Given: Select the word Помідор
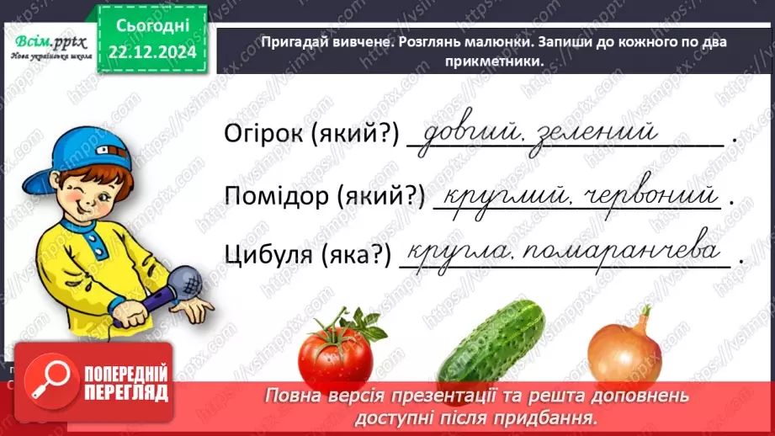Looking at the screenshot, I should tap(272, 197).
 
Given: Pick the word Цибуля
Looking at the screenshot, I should tap(262, 256).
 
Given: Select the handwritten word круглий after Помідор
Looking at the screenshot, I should tap(497, 198).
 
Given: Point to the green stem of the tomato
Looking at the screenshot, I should tap(349, 320).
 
